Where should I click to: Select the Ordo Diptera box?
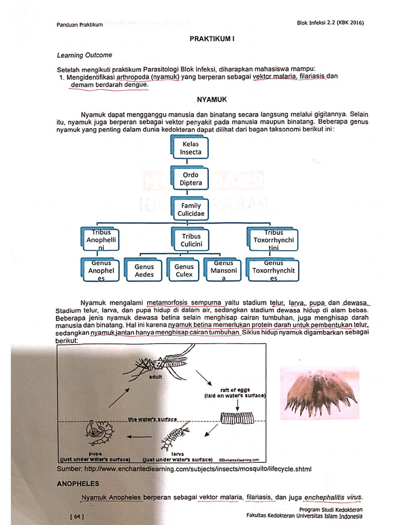coord(190,178)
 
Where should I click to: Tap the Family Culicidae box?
coord(191,209)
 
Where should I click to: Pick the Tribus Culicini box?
coord(191,240)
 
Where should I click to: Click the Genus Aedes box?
coord(144,270)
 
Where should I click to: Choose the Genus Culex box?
coord(184,270)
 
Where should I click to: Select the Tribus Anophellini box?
coord(102,240)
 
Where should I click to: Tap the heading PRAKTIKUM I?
coord(212,39)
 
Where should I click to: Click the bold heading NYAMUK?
coord(212,100)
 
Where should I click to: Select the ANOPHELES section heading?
coord(78,483)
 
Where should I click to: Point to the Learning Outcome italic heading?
coord(85,55)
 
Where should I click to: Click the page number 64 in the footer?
coord(77,516)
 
